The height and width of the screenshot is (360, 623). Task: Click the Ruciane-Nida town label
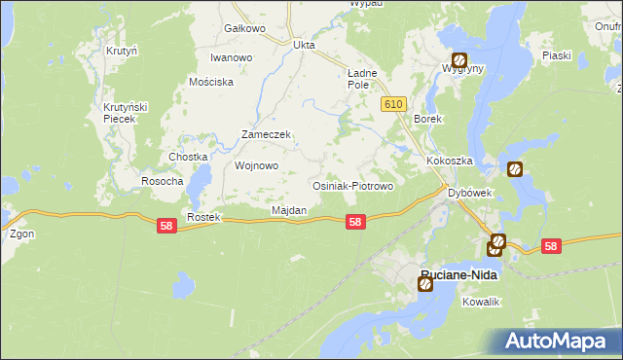click(x=458, y=275)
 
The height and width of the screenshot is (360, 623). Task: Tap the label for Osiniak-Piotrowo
click(x=351, y=186)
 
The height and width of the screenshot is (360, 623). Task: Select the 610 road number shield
click(x=392, y=104)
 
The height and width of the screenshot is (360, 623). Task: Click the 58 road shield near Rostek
click(x=166, y=226)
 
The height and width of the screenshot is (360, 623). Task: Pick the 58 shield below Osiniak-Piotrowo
click(x=355, y=222)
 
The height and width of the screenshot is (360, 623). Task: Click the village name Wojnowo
click(x=257, y=165)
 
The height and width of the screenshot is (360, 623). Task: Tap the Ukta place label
click(x=305, y=45)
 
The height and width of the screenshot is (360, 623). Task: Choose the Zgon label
click(x=21, y=234)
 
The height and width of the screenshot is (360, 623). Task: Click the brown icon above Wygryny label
click(x=458, y=59)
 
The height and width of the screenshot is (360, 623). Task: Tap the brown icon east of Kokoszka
click(x=515, y=168)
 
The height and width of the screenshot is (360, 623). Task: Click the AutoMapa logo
click(x=556, y=341)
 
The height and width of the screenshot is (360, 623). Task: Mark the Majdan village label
click(x=289, y=210)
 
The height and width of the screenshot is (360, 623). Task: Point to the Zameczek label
click(x=267, y=134)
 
